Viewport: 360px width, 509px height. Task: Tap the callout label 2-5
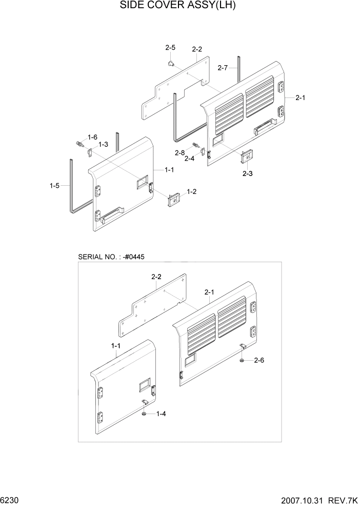[170, 48]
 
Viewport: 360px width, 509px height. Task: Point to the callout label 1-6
[92, 137]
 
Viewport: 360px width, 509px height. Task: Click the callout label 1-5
[54, 186]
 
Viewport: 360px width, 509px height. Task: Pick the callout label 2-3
[247, 174]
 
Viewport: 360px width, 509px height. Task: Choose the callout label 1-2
[192, 191]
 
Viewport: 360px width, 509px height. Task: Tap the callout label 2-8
[179, 153]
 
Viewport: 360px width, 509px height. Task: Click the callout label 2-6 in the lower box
[259, 361]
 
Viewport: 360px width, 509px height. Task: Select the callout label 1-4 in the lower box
[161, 414]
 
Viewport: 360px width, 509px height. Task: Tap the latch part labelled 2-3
[247, 155]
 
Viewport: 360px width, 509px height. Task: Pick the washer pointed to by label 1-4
[145, 414]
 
